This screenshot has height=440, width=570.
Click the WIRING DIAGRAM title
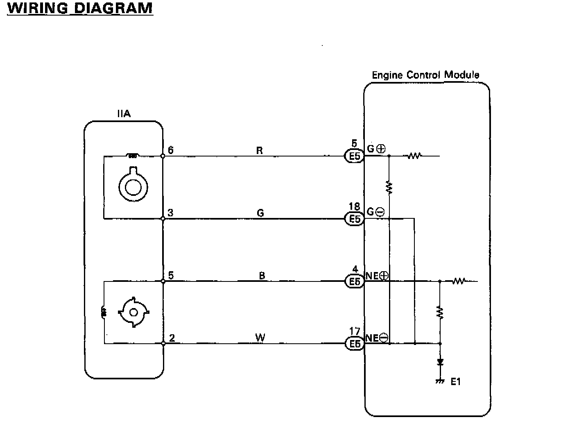[x=80, y=8]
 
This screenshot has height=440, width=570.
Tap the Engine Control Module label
[x=425, y=75]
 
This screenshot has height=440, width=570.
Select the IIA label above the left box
[x=124, y=113]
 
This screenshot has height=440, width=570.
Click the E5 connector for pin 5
[x=353, y=156]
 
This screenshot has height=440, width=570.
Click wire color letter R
[x=259, y=150]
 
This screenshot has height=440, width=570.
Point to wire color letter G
[x=260, y=213]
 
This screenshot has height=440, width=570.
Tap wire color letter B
[x=262, y=276]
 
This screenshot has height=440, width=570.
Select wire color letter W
[x=260, y=338]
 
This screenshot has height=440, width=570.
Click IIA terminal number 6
[x=170, y=150]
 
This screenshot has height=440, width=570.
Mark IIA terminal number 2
[x=172, y=338]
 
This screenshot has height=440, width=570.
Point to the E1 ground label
[x=455, y=382]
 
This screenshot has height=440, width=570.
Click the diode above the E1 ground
[x=440, y=362]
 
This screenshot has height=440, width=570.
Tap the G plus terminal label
[x=376, y=149]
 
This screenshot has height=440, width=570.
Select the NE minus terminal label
[x=377, y=338]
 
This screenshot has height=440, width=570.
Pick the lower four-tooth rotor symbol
[x=133, y=313]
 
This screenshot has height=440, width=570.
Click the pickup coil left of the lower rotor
[x=104, y=313]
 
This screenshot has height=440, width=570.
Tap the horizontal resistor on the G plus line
[x=414, y=156]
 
